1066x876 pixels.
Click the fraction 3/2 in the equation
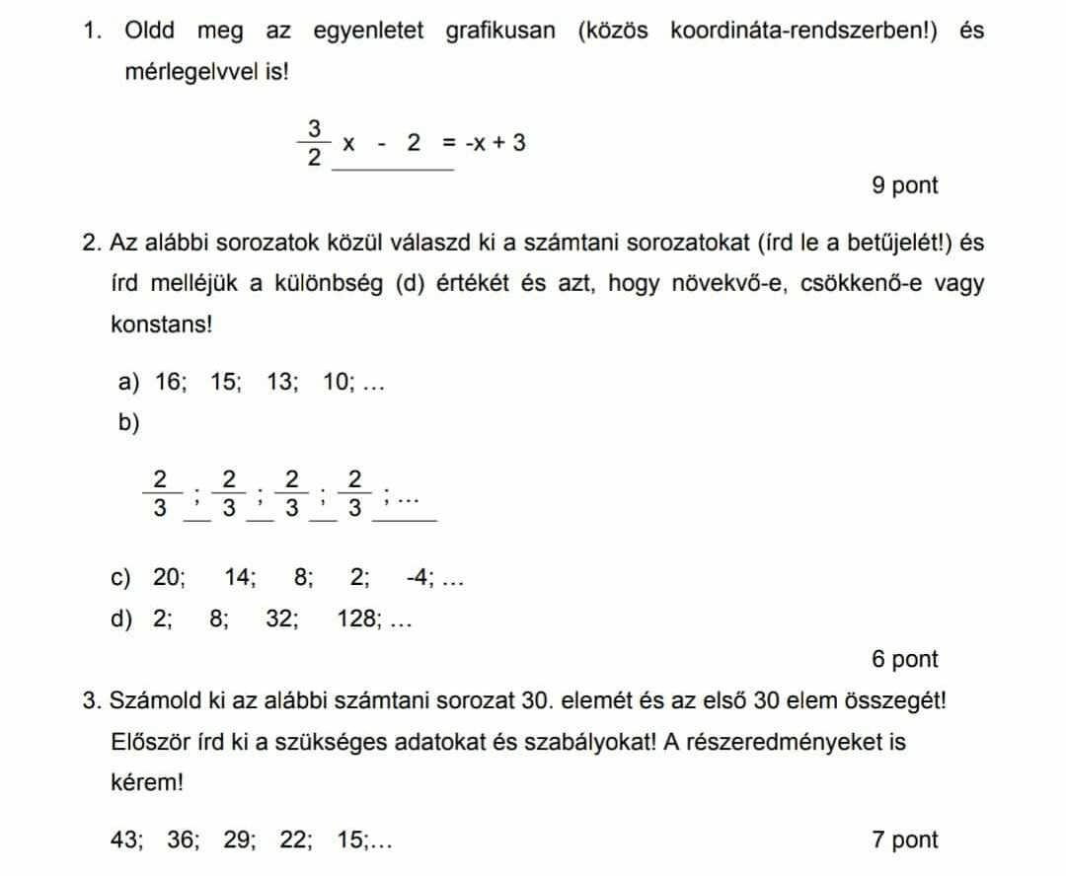tap(314, 143)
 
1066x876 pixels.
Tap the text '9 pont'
tap(905, 185)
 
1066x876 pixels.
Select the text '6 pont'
tap(905, 659)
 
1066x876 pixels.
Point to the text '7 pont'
tap(905, 840)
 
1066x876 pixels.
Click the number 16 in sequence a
tap(170, 382)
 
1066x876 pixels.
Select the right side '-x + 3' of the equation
tap(495, 144)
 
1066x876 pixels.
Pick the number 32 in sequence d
tap(281, 620)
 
